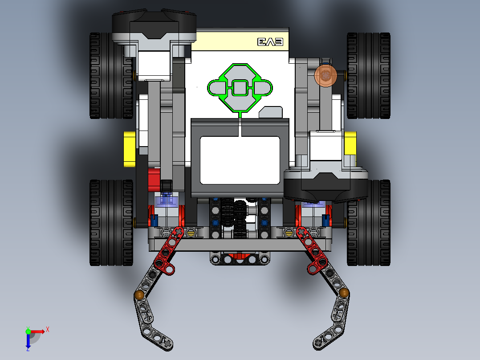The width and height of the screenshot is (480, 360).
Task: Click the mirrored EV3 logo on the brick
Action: point(270,42)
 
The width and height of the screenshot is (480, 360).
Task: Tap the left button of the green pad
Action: point(218,88)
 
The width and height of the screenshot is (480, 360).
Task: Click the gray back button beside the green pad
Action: point(271,112)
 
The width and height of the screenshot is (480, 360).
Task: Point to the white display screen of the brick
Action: point(240,160)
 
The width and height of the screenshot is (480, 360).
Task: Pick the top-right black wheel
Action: point(368,75)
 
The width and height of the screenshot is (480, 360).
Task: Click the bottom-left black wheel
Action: point(107,223)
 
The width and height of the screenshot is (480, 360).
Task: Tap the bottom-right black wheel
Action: point(369,223)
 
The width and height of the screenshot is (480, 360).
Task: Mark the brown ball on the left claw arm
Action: point(139,295)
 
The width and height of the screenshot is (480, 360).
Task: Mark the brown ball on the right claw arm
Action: point(344,292)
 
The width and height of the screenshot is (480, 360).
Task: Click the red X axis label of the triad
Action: point(48,329)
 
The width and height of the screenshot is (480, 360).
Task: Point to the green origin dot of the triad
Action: point(28,331)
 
